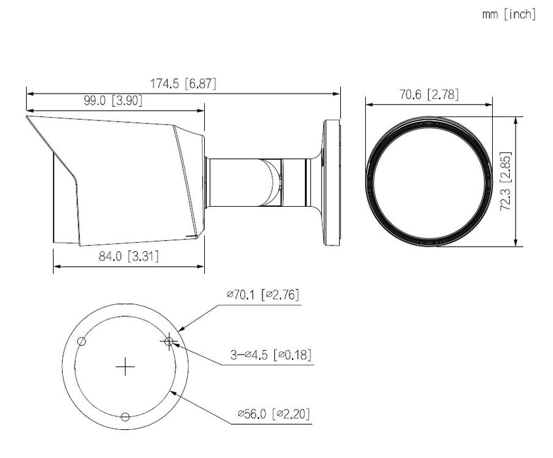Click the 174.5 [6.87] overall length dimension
[x=183, y=84]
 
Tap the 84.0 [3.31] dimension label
[x=128, y=256]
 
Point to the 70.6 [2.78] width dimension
[x=429, y=94]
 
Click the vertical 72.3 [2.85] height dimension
[x=504, y=182]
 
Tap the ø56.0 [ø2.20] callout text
[x=274, y=414]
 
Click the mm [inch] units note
[x=508, y=14]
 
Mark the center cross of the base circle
[x=125, y=367]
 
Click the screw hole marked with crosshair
[x=169, y=341]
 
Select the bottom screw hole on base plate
[x=126, y=416]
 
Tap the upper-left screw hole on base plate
[x=82, y=341]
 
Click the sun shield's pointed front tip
[x=27, y=118]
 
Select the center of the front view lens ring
[x=429, y=182]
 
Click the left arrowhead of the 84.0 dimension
[x=55, y=266]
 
